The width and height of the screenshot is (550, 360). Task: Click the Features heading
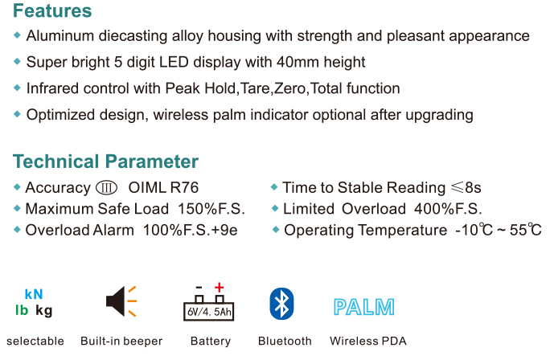52,10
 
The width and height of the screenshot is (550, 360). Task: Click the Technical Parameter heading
105,162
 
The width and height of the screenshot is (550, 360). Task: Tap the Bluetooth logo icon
281,304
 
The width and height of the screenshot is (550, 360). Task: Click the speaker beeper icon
121,301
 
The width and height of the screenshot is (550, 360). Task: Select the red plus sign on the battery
220,288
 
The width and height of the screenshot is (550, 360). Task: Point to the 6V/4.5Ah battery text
209,312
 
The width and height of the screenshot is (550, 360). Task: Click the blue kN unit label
34,294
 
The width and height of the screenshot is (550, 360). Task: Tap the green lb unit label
22,310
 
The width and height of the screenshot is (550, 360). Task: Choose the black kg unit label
44,311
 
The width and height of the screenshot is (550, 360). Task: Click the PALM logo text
363,307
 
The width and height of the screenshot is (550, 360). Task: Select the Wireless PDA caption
368,341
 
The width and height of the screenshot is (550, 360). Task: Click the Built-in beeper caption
121,341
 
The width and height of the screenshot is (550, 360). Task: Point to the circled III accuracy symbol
106,188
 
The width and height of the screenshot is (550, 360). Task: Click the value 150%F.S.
211,209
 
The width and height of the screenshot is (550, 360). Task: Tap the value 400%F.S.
448,209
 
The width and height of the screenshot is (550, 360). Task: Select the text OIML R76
163,187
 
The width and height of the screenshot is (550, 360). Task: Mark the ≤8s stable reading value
466,187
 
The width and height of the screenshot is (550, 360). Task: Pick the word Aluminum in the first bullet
60,35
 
